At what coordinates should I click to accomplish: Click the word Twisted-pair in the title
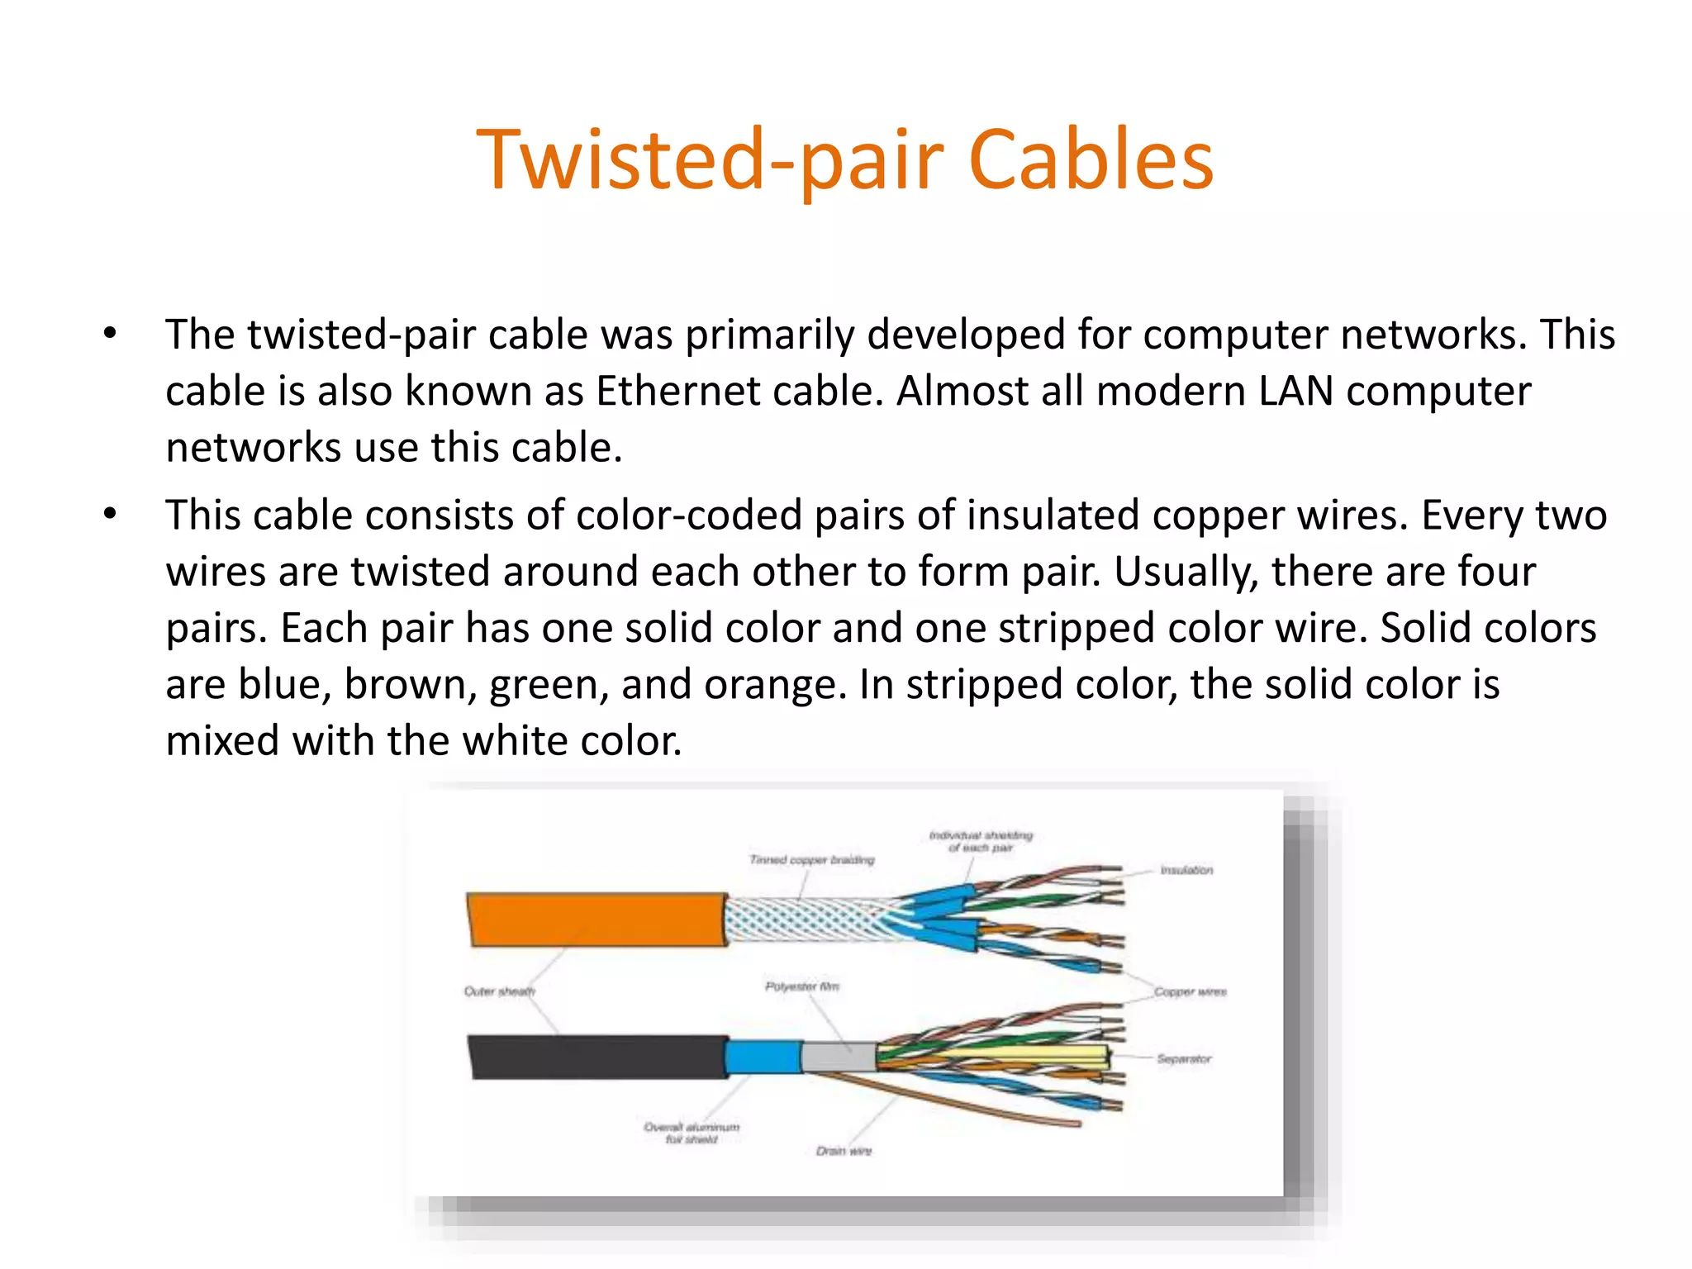(711, 161)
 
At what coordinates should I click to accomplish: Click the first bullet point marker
(110, 335)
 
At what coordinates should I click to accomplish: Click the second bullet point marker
(110, 515)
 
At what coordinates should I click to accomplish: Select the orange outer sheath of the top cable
(595, 919)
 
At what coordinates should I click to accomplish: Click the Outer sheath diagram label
(499, 991)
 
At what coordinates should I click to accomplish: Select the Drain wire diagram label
(844, 1151)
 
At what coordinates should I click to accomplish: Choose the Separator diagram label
(1183, 1058)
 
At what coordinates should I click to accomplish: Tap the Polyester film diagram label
(801, 986)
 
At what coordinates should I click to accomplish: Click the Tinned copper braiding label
(811, 860)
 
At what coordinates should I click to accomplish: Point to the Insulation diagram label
(1186, 870)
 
